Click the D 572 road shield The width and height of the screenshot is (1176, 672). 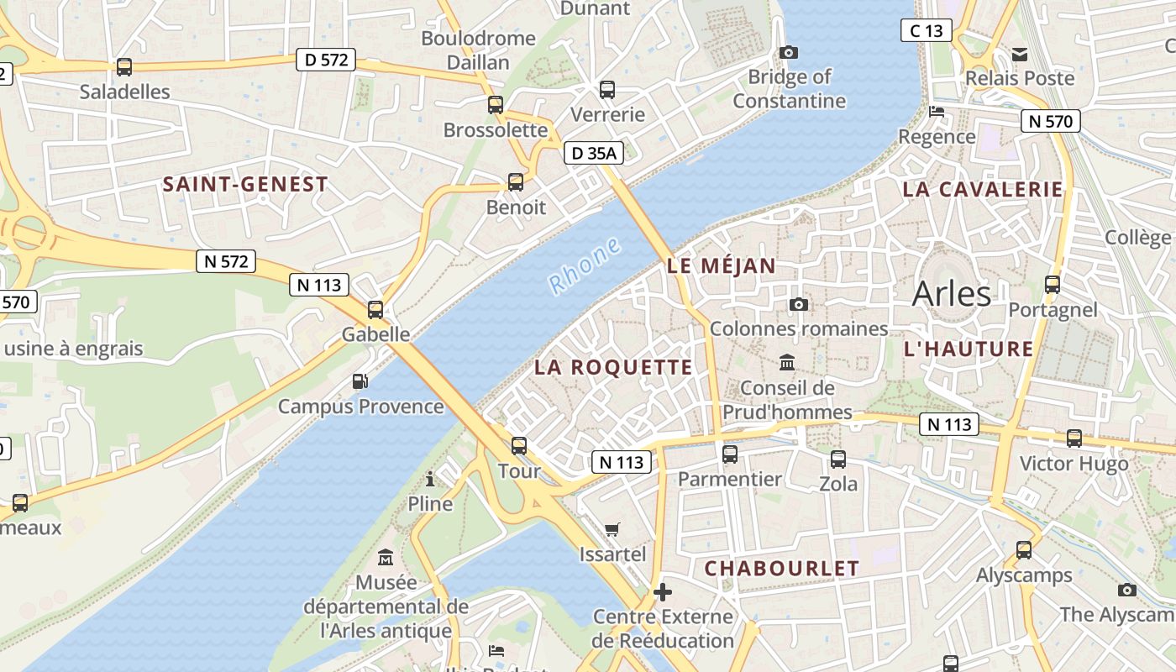(326, 60)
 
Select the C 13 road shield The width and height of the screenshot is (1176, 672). (926, 31)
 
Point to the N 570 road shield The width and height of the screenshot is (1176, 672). (1050, 121)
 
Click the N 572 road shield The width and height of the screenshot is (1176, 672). (226, 261)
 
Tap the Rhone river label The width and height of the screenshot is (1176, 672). (585, 266)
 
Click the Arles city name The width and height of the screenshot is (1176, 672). (951, 293)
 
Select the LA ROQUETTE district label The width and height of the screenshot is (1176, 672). (613, 367)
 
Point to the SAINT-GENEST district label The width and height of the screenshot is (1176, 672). (245, 185)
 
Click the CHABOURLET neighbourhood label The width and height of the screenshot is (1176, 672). (781, 569)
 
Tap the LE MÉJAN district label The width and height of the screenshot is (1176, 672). (722, 266)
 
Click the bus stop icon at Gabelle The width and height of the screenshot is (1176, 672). (375, 310)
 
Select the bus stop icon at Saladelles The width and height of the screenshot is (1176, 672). (124, 67)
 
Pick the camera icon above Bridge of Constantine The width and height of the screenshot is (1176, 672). (788, 52)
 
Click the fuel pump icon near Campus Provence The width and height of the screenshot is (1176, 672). (360, 381)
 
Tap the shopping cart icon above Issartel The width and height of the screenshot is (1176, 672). (612, 529)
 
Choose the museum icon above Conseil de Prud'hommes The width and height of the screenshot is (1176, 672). (787, 363)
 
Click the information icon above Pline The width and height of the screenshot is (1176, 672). (430, 479)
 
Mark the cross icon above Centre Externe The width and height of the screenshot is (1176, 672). (663, 592)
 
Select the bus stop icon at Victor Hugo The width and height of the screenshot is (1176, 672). (1074, 438)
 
